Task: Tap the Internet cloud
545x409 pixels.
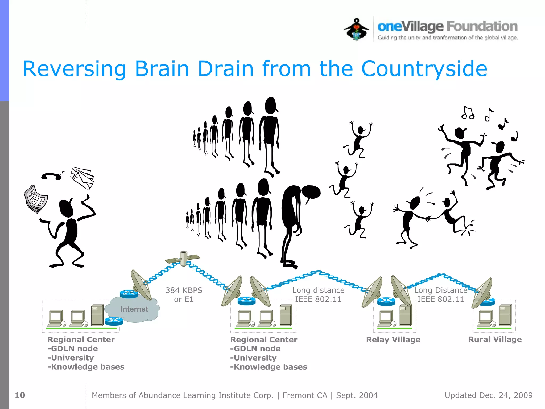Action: click(x=134, y=309)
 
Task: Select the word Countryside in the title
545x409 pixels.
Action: click(x=424, y=69)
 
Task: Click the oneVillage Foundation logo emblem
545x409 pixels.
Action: click(x=356, y=29)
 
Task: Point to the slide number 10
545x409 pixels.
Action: click(x=20, y=395)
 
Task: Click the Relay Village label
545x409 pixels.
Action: click(x=393, y=340)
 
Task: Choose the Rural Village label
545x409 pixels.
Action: click(x=495, y=339)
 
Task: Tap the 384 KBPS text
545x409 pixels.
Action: click(x=184, y=290)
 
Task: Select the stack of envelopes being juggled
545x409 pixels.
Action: click(x=82, y=178)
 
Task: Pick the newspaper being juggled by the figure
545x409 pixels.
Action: click(x=36, y=199)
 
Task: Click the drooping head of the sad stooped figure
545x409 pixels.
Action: click(x=311, y=192)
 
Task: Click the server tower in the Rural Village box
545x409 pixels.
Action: click(x=505, y=316)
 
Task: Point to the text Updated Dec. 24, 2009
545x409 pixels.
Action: click(x=489, y=395)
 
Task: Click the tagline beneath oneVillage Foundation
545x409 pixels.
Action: click(x=448, y=38)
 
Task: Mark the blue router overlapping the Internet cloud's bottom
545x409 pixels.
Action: click(x=114, y=321)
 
